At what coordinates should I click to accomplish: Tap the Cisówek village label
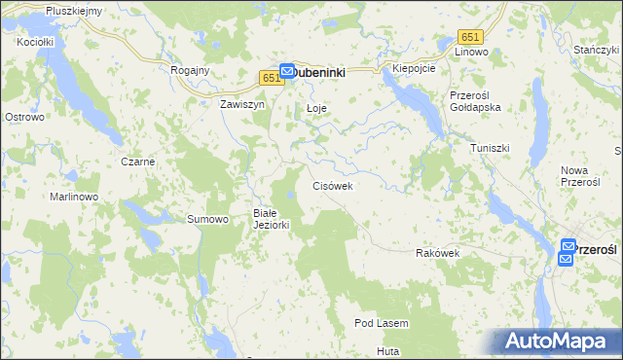(x=338, y=185)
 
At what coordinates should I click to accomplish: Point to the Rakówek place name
(x=437, y=253)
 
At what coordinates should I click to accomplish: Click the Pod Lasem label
(x=381, y=323)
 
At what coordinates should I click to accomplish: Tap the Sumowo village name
(x=207, y=219)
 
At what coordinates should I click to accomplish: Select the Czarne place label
(x=137, y=162)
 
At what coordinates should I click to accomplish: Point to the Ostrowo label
(x=25, y=117)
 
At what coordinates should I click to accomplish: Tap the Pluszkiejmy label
(x=73, y=10)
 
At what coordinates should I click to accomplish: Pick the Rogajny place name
(x=190, y=70)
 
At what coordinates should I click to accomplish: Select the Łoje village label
(x=315, y=107)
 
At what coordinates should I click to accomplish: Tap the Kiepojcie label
(x=414, y=69)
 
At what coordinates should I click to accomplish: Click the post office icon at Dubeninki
(x=288, y=71)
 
